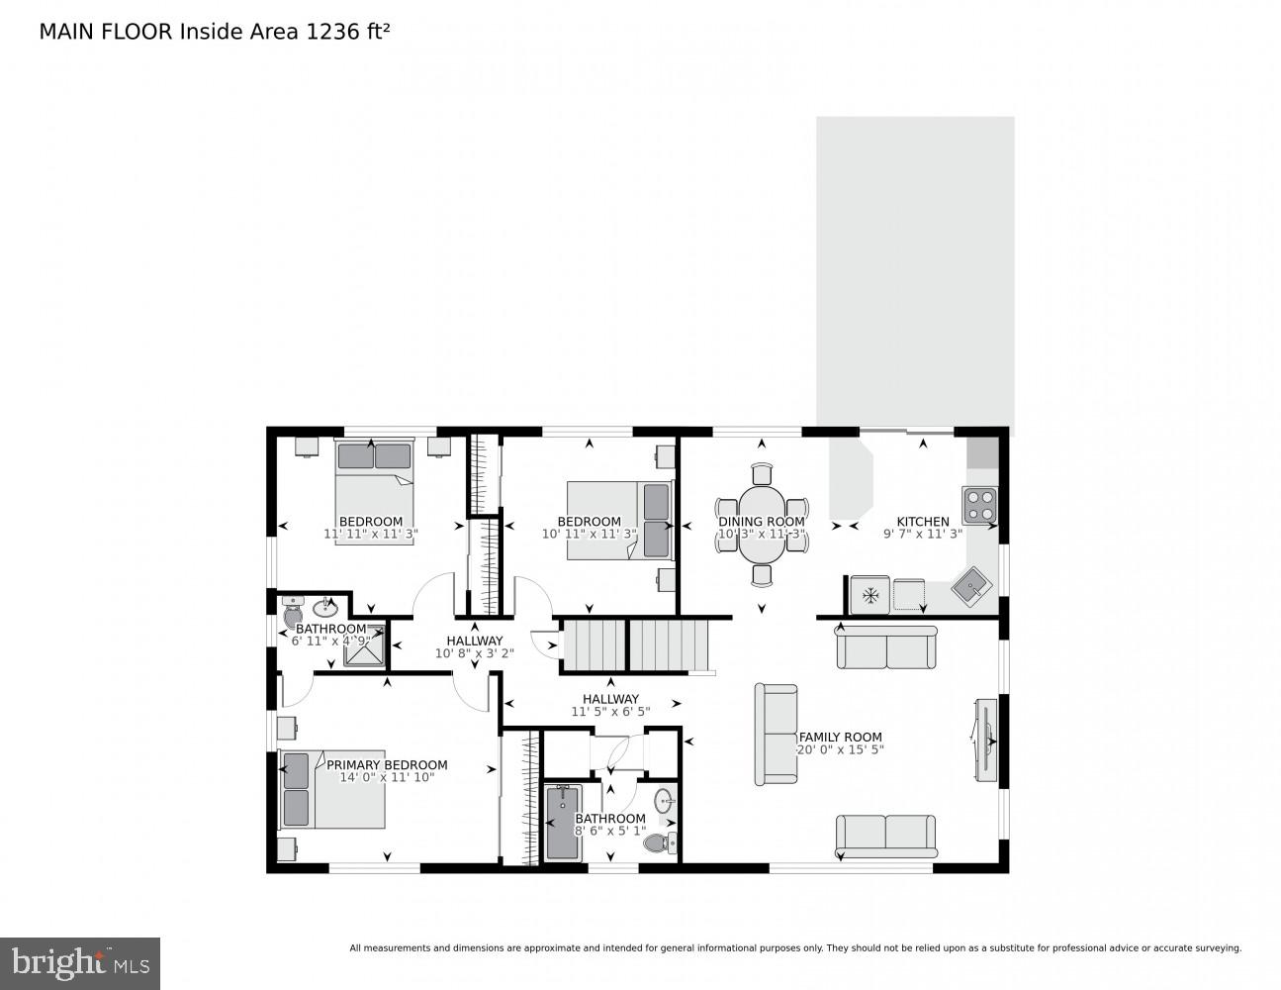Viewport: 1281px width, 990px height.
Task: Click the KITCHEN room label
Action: click(x=922, y=522)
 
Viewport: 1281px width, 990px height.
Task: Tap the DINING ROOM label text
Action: click(x=761, y=522)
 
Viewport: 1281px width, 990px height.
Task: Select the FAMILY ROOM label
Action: click(x=840, y=737)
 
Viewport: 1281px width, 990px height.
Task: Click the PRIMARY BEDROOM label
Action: click(x=387, y=764)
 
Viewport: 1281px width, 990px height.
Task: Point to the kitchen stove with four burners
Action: click(x=979, y=505)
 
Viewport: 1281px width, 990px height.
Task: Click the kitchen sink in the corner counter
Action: click(x=971, y=589)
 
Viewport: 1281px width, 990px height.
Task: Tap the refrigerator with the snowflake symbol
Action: click(x=870, y=595)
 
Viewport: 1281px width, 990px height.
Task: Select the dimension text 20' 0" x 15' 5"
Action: click(x=840, y=750)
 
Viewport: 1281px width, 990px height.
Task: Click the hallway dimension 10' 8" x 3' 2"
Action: click(x=474, y=653)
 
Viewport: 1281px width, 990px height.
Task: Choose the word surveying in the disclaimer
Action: click(x=1213, y=948)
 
